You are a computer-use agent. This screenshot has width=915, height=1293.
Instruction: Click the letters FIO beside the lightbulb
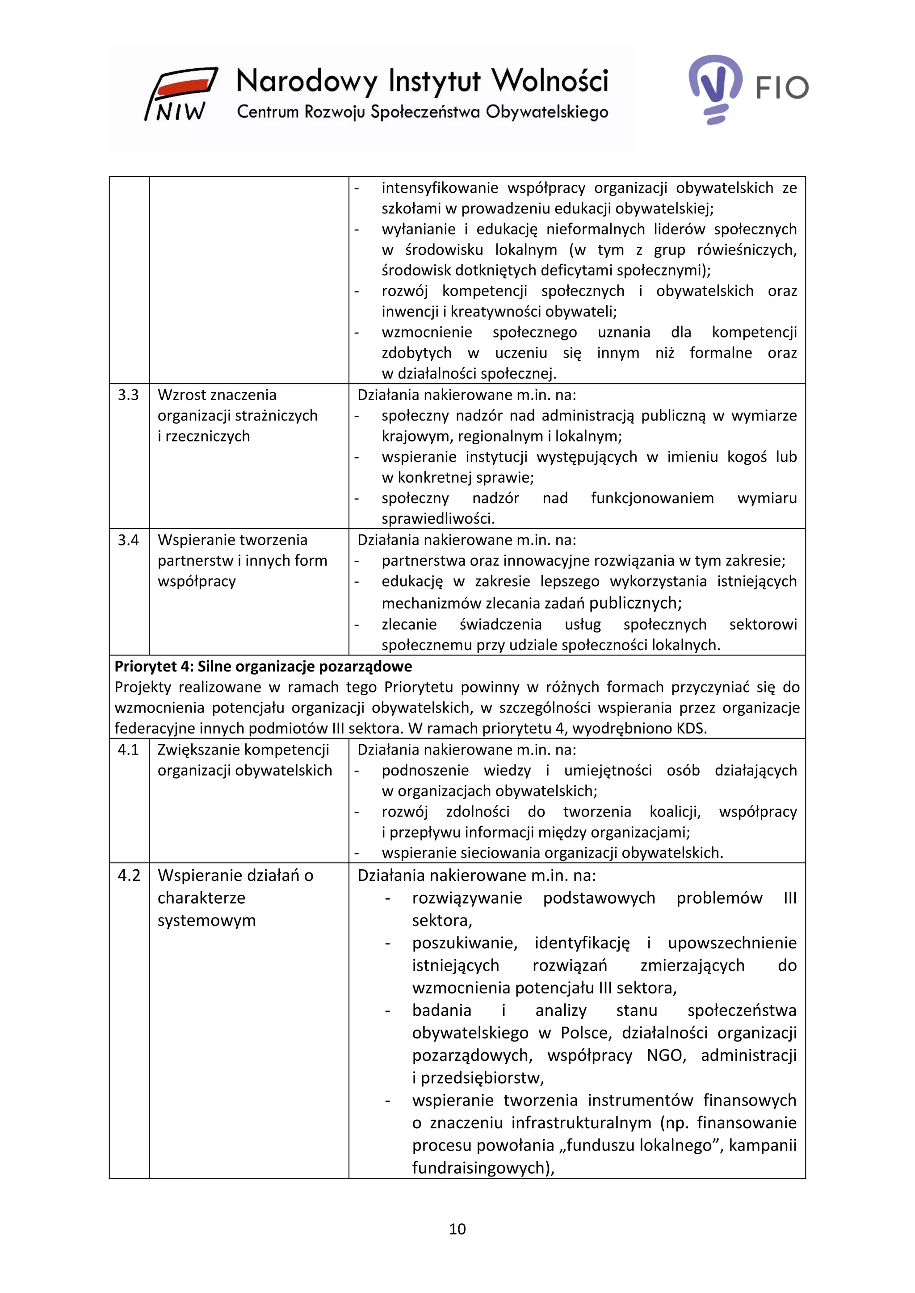(782, 88)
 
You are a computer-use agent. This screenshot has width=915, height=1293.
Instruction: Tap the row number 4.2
(129, 876)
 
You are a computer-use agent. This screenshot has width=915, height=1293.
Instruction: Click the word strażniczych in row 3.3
(276, 416)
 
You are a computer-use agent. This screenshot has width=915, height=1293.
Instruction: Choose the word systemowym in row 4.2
(206, 920)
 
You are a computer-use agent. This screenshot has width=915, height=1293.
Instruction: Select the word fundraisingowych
(482, 1168)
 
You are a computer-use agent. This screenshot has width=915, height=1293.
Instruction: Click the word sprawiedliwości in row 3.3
(437, 519)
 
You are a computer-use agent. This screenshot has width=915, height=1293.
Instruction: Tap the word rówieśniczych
(747, 250)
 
